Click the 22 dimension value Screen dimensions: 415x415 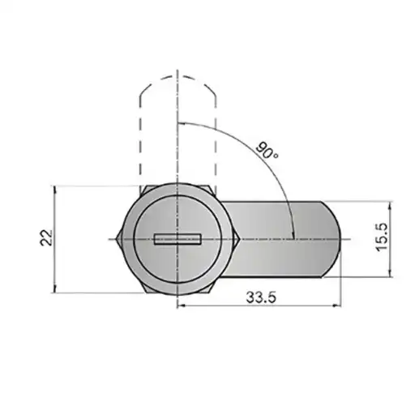coord(46,237)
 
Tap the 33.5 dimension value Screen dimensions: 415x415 coord(261,297)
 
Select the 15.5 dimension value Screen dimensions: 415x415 coord(382,237)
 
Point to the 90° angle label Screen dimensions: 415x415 coord(267,151)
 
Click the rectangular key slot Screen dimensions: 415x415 coord(178,239)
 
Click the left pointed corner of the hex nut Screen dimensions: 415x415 coord(117,239)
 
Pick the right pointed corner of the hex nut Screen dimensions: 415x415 coord(238,239)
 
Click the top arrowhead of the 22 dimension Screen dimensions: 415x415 coord(55,189)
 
